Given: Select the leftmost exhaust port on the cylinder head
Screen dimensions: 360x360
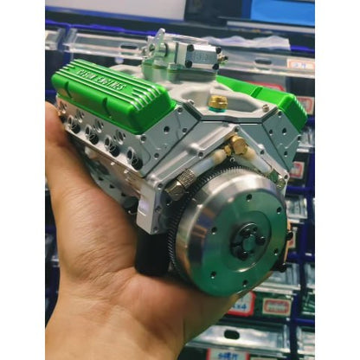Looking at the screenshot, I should point(74,126).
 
